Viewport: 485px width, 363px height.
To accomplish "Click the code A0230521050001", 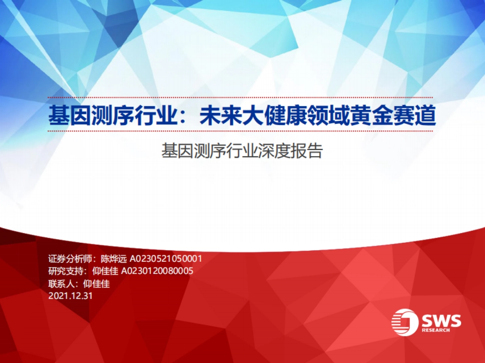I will tap(166, 259).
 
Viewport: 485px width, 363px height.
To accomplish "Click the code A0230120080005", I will tap(157, 271).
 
